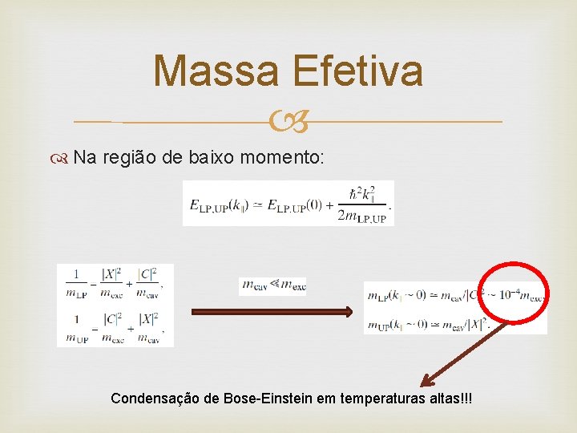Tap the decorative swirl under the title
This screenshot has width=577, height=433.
[288, 123]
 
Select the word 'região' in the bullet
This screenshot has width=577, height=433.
[129, 158]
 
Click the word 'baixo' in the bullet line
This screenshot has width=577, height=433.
[211, 157]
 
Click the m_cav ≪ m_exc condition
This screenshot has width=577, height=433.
[272, 285]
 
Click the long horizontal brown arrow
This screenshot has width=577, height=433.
[270, 312]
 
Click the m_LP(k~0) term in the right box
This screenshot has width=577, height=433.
[393, 297]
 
